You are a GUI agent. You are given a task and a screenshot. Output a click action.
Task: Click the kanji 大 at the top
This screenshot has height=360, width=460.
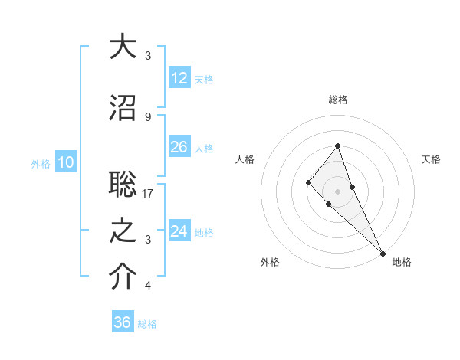point(123,47)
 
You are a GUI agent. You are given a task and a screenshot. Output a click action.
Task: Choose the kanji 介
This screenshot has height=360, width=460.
point(123,278)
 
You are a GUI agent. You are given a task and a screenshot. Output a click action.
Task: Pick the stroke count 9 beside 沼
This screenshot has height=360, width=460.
point(148,116)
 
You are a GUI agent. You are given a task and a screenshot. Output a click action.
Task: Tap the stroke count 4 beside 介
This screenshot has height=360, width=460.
point(148,286)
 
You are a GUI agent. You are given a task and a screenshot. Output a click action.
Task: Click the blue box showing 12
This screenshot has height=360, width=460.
point(179,78)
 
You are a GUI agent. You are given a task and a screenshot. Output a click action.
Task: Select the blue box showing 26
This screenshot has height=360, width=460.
point(179,147)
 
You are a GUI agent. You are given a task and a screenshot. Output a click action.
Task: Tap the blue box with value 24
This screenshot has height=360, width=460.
point(179,231)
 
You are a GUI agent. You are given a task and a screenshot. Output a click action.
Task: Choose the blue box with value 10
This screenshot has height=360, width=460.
point(65,162)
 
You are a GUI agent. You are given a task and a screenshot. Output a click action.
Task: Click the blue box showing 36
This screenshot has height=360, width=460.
point(122,322)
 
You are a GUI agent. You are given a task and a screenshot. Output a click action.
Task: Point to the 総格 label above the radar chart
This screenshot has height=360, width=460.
point(338,100)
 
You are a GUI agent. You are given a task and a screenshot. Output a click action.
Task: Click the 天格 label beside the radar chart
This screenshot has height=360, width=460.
point(431,159)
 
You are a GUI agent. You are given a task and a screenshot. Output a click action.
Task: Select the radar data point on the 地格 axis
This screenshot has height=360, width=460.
point(383,253)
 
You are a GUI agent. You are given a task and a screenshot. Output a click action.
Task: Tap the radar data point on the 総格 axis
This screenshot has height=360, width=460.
point(337,146)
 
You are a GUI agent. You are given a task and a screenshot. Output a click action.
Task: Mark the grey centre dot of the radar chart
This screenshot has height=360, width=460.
point(337,191)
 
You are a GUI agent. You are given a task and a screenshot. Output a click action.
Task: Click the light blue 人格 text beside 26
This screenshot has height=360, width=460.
point(204,148)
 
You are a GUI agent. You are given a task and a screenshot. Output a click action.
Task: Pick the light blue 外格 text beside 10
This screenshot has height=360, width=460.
point(40,163)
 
